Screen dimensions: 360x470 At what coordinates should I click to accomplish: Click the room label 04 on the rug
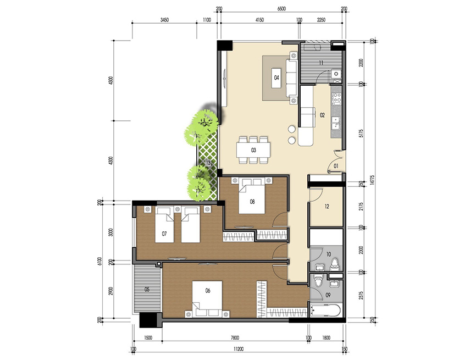[277, 77]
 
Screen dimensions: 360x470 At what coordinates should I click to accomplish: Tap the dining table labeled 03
[253, 149]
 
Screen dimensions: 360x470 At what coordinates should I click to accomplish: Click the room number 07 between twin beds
[164, 234]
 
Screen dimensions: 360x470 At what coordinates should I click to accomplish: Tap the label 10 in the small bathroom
[329, 254]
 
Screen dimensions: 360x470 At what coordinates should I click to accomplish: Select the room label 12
[327, 207]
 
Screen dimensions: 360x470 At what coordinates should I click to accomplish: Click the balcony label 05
[147, 289]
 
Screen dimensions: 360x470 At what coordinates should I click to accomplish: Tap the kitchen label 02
[323, 115]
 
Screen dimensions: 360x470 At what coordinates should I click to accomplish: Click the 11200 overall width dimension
[238, 348]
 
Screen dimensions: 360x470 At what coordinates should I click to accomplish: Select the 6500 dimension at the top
[281, 9]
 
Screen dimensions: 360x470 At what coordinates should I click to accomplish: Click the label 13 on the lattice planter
[208, 163]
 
